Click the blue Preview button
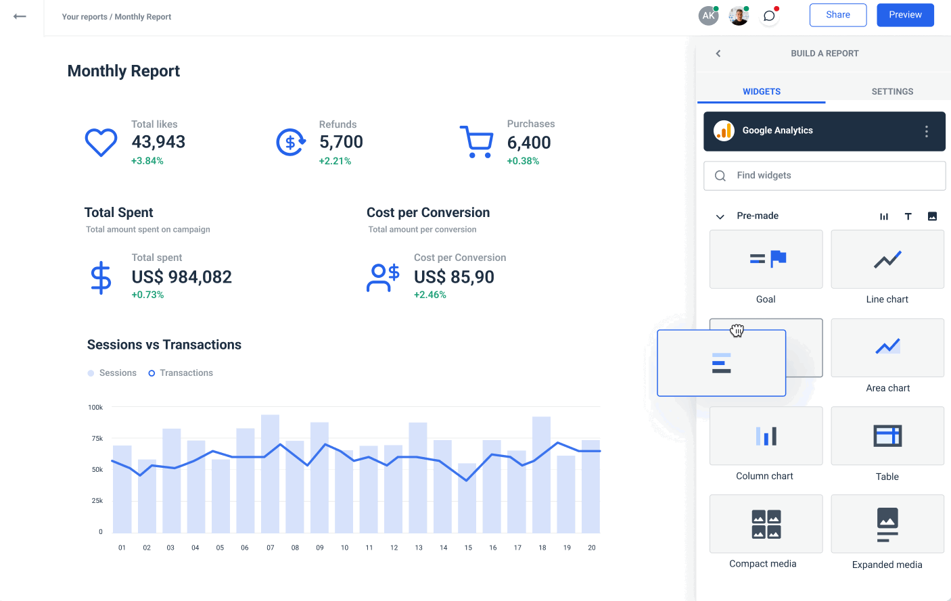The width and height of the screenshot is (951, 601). tap(905, 15)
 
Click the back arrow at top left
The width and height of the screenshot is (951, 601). tap(20, 16)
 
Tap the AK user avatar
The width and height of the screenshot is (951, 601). tap(708, 16)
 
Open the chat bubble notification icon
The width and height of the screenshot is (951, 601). tap(769, 16)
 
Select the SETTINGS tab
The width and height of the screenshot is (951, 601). tap(892, 91)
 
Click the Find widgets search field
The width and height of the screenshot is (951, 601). tap(825, 176)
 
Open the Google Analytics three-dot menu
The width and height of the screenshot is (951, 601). tap(926, 132)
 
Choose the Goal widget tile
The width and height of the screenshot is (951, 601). tap(766, 260)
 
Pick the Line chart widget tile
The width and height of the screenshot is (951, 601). tap(887, 260)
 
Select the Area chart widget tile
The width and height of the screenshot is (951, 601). tap(887, 347)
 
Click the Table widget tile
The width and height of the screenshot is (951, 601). tap(887, 436)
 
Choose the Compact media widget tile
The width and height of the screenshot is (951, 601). tap(766, 524)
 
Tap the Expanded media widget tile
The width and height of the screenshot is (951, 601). tap(887, 524)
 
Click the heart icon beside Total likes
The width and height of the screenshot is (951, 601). tap(101, 143)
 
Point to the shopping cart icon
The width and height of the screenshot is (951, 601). tap(477, 142)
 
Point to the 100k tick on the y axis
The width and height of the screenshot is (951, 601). tap(95, 408)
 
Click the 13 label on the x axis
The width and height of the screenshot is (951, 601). tap(419, 548)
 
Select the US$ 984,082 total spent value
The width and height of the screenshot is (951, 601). tap(181, 277)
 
